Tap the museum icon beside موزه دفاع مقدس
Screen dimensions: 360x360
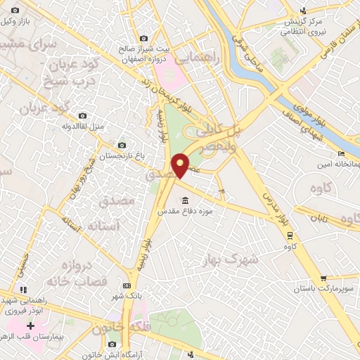(x=184, y=198)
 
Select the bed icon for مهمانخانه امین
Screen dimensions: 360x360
(x=341, y=154)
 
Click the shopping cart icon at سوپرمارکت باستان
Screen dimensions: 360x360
(x=323, y=278)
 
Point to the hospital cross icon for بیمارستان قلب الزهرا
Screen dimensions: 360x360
(x=30, y=326)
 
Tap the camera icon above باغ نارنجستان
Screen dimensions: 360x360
(x=122, y=146)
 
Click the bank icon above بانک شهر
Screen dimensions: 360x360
(x=127, y=285)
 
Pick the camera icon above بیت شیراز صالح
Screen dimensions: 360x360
(x=144, y=39)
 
